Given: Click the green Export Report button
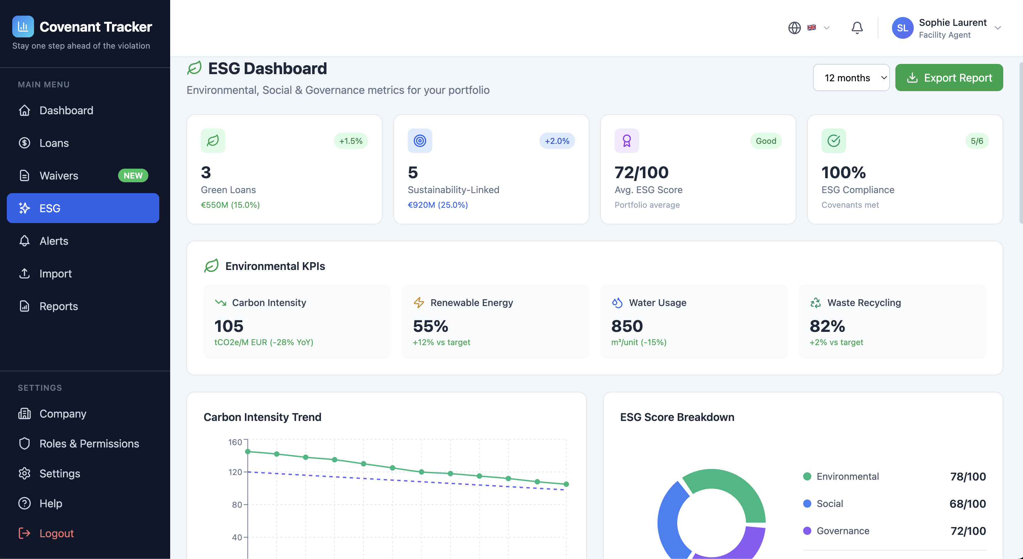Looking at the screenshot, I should pyautogui.click(x=949, y=78).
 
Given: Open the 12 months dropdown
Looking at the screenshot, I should pyautogui.click(x=851, y=78).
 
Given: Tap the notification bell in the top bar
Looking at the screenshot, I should pyautogui.click(x=857, y=28).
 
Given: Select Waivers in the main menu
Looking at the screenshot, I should pyautogui.click(x=59, y=175).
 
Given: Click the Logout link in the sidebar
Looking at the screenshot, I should pyautogui.click(x=56, y=533).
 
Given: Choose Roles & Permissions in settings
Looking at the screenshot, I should pyautogui.click(x=89, y=443).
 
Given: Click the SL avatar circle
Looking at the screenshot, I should pyautogui.click(x=902, y=28).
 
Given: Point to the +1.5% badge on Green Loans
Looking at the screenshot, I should pyautogui.click(x=351, y=141).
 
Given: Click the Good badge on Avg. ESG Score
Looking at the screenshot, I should pyautogui.click(x=766, y=141).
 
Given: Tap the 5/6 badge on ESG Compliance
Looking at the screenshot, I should pyautogui.click(x=976, y=141).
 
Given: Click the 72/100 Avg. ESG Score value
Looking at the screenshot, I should pyautogui.click(x=642, y=172).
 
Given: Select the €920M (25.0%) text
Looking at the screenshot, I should pyautogui.click(x=438, y=205).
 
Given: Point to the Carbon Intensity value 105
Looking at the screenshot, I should pyautogui.click(x=229, y=326).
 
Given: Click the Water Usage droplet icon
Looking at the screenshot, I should pyautogui.click(x=617, y=303).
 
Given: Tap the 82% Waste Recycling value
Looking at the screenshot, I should pyautogui.click(x=827, y=326).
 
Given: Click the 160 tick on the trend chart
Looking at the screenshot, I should pyautogui.click(x=235, y=442).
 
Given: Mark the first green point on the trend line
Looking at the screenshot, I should pyautogui.click(x=248, y=452).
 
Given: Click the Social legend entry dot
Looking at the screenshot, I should pyautogui.click(x=807, y=504).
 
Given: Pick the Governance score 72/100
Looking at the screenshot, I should pyautogui.click(x=968, y=531).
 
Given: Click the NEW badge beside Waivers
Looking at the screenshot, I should pyautogui.click(x=133, y=175).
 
